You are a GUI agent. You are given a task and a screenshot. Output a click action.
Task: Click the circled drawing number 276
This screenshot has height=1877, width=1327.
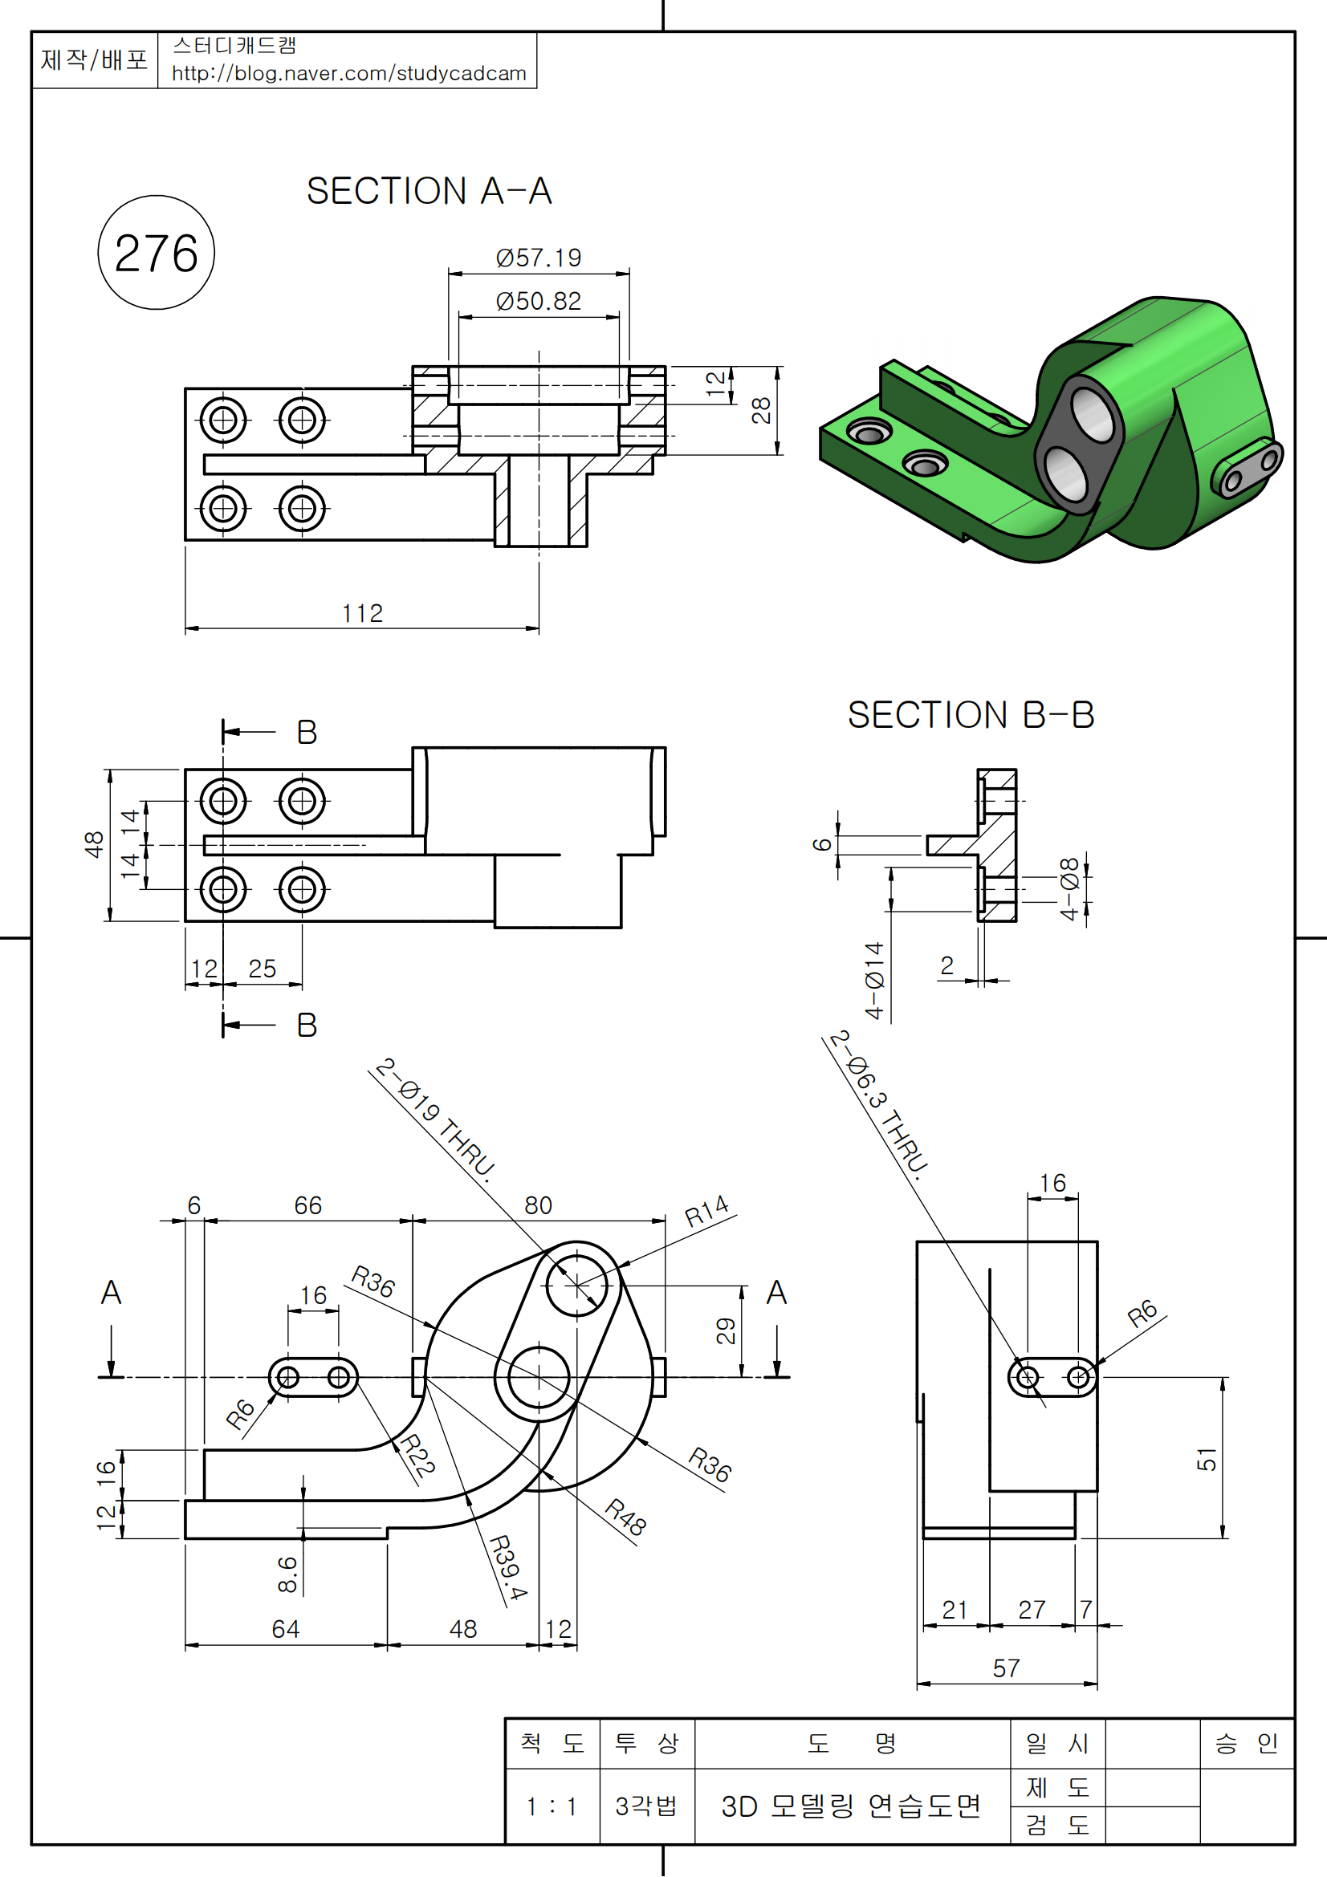pos(157,253)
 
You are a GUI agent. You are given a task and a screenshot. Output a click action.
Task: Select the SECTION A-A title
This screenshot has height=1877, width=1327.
pos(429,191)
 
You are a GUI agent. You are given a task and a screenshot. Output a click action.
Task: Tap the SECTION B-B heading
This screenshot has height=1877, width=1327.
pos(971,715)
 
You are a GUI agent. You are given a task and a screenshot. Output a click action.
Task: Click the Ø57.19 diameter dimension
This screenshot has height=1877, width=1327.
pos(538,258)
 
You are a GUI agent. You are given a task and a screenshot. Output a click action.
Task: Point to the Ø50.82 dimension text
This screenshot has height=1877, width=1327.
pos(538,302)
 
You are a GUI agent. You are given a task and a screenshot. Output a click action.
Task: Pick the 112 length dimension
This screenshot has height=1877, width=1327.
pos(362,613)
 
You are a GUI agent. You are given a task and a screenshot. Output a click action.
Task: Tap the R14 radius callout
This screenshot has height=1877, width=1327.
pos(706,1211)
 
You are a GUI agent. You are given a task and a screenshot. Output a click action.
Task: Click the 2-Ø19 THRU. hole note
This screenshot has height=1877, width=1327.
pos(436,1119)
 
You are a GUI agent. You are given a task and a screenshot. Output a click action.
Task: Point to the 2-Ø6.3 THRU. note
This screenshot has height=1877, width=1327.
pos(880,1105)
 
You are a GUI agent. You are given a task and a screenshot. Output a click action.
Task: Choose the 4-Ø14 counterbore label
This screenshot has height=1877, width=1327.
pos(875,980)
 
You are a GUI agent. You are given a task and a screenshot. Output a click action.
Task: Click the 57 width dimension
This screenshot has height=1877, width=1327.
pos(1007,1668)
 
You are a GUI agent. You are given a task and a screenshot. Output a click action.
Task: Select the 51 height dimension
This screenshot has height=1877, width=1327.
pos(1207,1459)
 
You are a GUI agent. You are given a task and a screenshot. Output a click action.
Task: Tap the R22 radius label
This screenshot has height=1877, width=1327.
pos(417,1456)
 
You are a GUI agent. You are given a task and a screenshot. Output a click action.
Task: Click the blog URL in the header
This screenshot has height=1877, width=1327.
pos(349,74)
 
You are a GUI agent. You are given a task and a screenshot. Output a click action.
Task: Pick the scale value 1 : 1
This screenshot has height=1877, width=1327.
pos(552,1806)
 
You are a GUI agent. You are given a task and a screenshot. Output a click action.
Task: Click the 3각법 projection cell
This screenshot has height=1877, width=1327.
pos(646,1806)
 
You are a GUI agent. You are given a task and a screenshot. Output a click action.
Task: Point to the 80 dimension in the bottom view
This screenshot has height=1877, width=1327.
pos(538,1205)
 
